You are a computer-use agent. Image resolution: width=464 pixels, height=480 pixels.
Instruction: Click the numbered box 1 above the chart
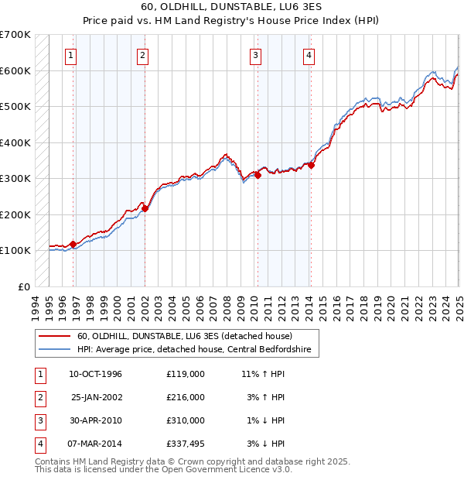70,54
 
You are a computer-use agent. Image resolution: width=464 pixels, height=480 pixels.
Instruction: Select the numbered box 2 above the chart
143,54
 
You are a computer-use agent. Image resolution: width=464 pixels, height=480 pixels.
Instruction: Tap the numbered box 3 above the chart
255,54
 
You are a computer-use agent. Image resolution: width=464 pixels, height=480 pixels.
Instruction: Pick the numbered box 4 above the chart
309,54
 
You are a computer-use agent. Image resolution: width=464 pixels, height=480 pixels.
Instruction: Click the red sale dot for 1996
73,244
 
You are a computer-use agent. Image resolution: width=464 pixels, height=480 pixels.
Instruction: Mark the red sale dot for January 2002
145,208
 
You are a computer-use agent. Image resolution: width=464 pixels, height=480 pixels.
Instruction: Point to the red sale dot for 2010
258,175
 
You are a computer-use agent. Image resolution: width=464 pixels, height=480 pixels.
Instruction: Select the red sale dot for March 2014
311,165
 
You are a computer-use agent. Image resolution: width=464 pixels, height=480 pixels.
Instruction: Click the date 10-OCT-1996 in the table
96,375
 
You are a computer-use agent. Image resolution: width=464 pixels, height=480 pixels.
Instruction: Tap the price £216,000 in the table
186,397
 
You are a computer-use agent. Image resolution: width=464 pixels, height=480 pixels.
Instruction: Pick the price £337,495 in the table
186,444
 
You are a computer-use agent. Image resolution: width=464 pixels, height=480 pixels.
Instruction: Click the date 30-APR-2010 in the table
96,420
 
